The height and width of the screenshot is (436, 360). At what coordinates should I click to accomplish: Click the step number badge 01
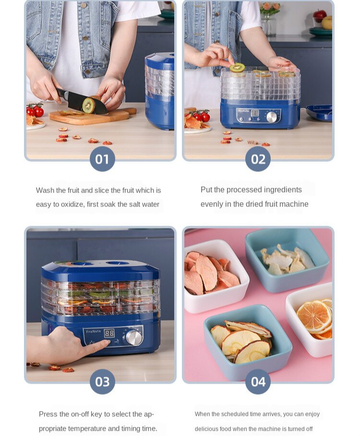[102, 159]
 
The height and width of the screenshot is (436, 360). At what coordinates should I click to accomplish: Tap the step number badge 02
[258, 159]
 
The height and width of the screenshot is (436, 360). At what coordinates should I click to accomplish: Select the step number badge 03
[102, 382]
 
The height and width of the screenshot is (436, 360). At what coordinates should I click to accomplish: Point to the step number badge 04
[258, 382]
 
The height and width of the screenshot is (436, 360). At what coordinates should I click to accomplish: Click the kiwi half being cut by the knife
[88, 105]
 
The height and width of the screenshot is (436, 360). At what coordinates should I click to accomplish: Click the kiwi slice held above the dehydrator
[237, 68]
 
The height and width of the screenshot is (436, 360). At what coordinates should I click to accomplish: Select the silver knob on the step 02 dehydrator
[272, 117]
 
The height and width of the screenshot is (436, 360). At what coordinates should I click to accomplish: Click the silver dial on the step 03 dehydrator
[134, 337]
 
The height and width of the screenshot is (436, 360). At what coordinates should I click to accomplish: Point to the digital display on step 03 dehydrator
[109, 333]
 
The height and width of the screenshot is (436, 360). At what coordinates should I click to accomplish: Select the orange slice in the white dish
[314, 316]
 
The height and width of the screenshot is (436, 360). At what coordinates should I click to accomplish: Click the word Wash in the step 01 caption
[45, 190]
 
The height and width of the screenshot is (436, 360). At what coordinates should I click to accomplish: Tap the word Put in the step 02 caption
[206, 190]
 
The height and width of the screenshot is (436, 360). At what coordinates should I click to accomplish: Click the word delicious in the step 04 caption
[207, 429]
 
